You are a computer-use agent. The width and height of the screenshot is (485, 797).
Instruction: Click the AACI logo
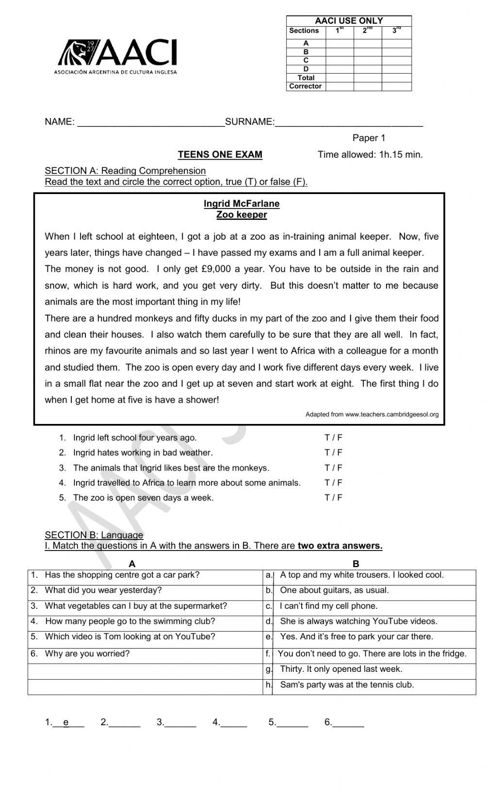click(x=117, y=56)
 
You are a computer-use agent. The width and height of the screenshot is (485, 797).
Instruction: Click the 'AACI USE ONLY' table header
click(x=349, y=21)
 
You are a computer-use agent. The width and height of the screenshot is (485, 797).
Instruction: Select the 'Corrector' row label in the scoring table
click(x=305, y=86)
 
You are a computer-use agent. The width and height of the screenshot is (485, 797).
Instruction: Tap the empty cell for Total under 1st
click(x=339, y=78)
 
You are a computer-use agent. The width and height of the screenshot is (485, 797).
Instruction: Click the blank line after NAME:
click(x=151, y=122)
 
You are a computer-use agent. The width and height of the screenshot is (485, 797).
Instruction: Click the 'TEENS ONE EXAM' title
click(x=220, y=155)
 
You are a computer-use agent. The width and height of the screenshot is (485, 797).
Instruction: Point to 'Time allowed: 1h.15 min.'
click(x=370, y=155)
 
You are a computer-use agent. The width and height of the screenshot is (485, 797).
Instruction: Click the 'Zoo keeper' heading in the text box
click(x=242, y=215)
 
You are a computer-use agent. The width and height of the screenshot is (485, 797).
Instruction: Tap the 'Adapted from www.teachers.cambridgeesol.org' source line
click(x=372, y=415)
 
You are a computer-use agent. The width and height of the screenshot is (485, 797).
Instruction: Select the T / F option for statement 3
click(x=333, y=468)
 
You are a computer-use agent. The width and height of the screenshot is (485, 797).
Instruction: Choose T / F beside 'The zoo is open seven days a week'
click(x=333, y=498)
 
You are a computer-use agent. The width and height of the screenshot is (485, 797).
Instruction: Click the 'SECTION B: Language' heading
click(x=94, y=535)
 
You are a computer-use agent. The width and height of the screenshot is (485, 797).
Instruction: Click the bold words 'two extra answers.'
click(x=340, y=546)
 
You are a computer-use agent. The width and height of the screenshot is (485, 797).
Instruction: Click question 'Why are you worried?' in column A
click(x=87, y=654)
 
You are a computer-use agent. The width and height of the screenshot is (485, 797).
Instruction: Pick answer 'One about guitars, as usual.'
click(x=334, y=590)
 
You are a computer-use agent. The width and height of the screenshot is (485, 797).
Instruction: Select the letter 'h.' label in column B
click(x=269, y=685)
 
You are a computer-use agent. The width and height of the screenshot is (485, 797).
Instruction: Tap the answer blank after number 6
click(x=348, y=723)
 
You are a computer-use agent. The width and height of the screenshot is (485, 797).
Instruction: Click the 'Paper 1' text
click(x=369, y=138)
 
